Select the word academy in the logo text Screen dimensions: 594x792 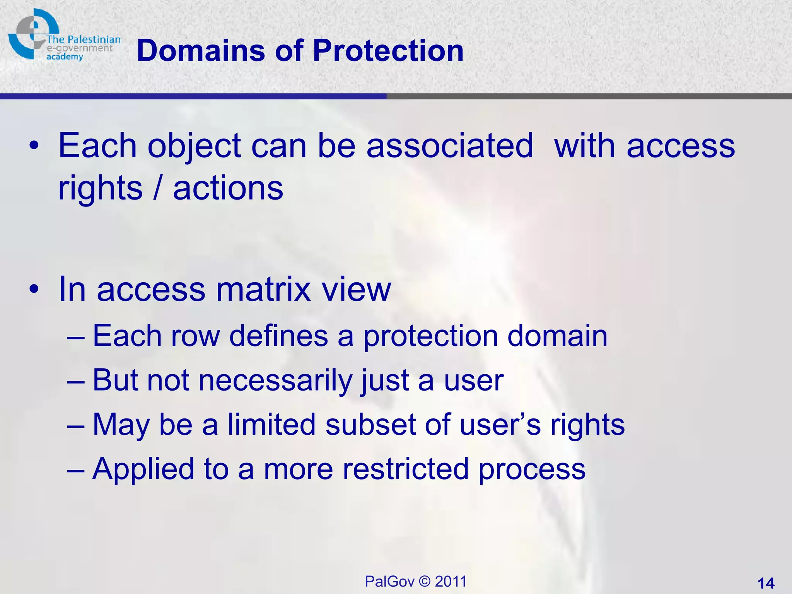(65, 57)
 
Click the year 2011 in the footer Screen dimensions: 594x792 (451, 582)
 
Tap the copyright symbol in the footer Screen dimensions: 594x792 (425, 582)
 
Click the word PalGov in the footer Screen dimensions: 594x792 (389, 582)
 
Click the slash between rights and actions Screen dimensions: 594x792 (157, 188)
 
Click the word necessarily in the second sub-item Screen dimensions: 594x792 (275, 380)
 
